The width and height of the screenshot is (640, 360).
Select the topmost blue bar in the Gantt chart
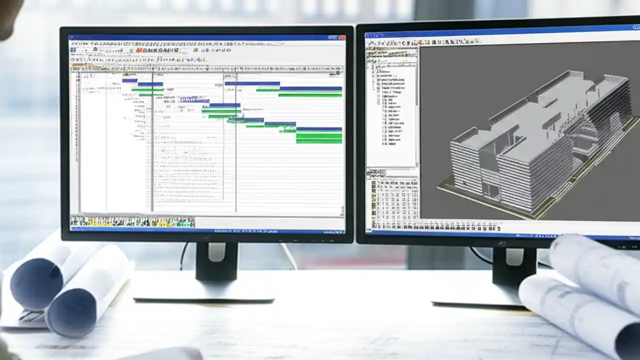[129, 80]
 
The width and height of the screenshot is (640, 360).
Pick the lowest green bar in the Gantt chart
[318, 141]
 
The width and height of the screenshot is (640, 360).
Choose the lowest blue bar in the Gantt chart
[318, 129]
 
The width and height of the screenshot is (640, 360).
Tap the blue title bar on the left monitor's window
[200, 37]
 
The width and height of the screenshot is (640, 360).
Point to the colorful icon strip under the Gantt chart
[132, 221]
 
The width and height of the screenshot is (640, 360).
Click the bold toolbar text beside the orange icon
[160, 50]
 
